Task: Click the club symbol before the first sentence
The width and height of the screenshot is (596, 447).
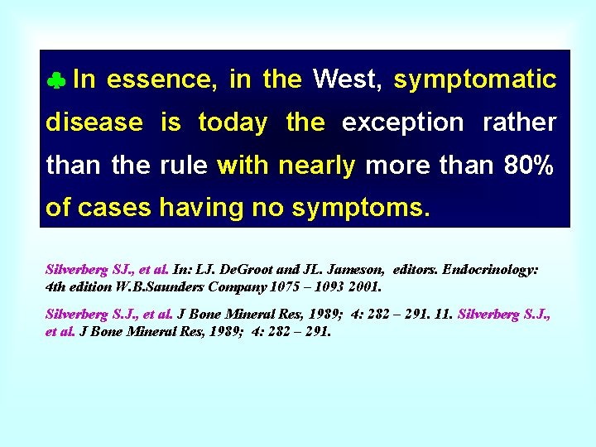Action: tap(56, 81)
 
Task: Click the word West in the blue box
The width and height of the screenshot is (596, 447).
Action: tap(346, 79)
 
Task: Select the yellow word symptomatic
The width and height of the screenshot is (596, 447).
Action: tap(474, 80)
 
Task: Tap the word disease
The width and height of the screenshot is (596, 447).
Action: tap(94, 123)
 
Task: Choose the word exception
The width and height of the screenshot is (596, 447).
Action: tap(402, 123)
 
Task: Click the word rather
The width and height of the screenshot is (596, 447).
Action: tap(519, 123)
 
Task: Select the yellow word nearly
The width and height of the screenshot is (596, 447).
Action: tap(317, 166)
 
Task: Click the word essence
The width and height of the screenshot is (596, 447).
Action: tap(162, 79)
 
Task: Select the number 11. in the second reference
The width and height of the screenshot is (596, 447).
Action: tap(443, 315)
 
